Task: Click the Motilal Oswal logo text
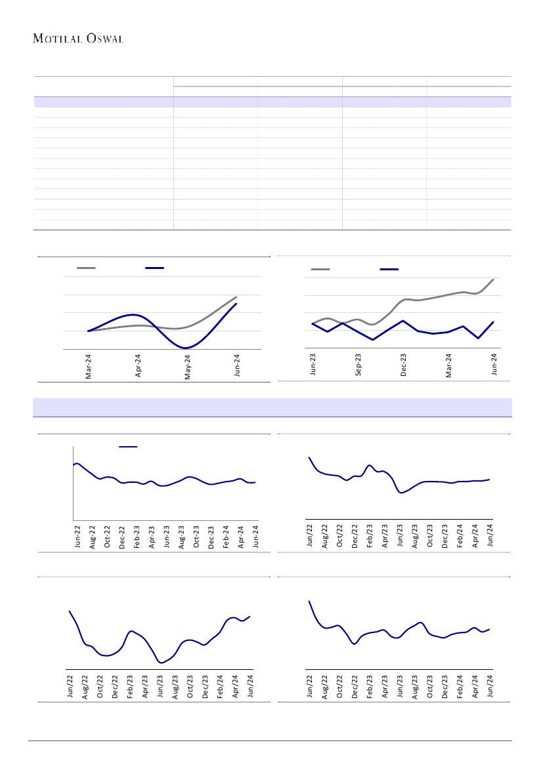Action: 78,39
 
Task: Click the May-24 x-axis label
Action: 188,367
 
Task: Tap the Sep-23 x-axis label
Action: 358,365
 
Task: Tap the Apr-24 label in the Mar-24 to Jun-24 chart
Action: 139,366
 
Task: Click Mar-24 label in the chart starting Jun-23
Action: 449,365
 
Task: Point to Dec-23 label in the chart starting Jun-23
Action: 404,365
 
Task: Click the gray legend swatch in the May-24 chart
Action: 86,268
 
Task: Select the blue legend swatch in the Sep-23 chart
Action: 389,269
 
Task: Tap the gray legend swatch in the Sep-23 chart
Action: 320,269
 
